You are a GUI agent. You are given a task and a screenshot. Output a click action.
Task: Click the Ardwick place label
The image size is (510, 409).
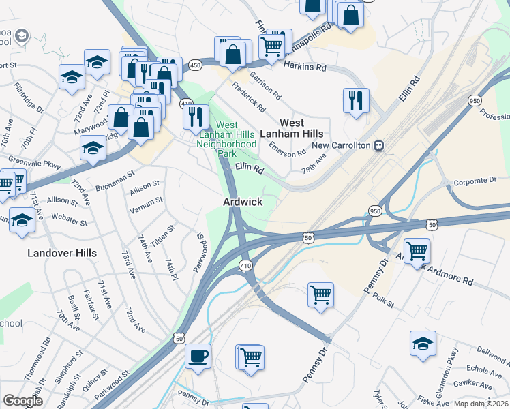pyautogui.click(x=241, y=202)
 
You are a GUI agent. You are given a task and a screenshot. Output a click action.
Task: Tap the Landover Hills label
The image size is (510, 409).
pyautogui.click(x=62, y=253)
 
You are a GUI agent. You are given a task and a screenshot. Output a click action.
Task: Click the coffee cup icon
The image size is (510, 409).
pyautogui.click(x=198, y=356)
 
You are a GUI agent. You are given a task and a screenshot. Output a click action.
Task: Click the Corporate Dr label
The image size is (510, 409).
pyautogui.click(x=475, y=181)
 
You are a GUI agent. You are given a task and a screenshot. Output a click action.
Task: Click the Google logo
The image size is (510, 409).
pyautogui.click(x=22, y=401)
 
